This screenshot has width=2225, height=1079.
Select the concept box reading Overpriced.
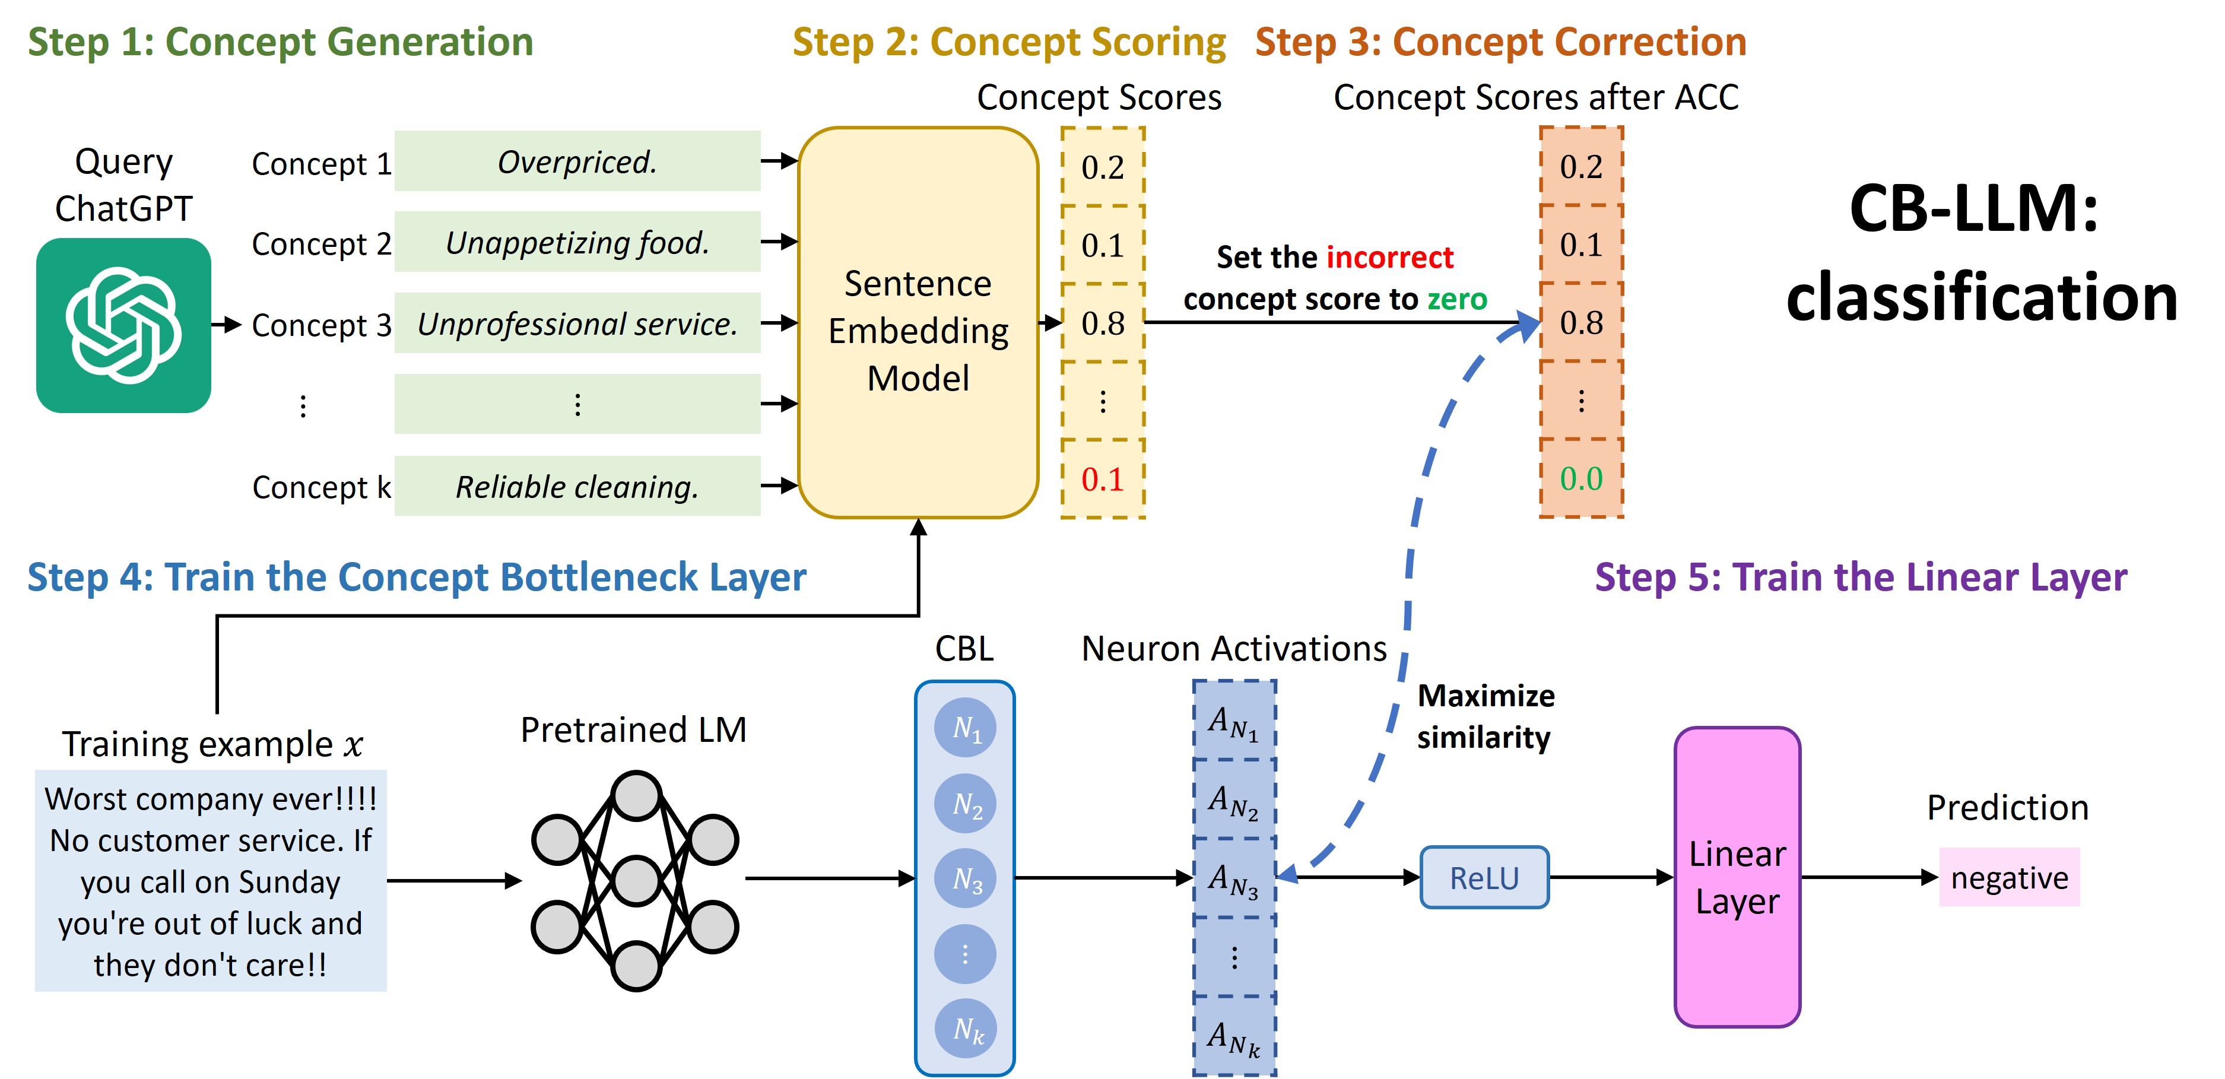[x=577, y=161]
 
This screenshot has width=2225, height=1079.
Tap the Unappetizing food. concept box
[x=577, y=243]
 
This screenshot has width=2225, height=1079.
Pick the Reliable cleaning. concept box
[x=577, y=486]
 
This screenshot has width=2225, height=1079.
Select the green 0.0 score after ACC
[x=1580, y=478]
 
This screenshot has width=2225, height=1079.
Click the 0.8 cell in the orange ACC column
[x=1580, y=323]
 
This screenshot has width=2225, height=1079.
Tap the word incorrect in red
[x=1390, y=258]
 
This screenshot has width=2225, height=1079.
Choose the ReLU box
[x=1484, y=878]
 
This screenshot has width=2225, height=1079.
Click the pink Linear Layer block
[x=1737, y=877]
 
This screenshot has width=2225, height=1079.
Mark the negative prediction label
[x=2009, y=878]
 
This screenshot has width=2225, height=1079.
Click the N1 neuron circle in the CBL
[x=965, y=728]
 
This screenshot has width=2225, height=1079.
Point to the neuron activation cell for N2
[x=1233, y=800]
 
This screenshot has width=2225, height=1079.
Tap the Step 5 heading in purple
[x=1861, y=577]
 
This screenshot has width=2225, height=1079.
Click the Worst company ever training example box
[x=211, y=881]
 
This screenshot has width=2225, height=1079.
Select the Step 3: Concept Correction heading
[x=1500, y=42]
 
